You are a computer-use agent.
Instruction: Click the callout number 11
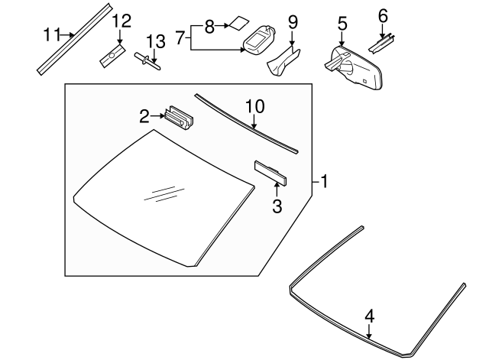click(x=51, y=34)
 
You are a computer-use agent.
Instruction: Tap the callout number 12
click(x=121, y=21)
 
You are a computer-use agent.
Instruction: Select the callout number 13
click(x=155, y=39)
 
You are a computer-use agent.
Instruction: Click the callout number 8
click(x=209, y=26)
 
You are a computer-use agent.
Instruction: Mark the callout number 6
click(x=383, y=15)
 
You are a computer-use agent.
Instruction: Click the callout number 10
click(x=253, y=105)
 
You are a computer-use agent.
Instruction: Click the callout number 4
click(x=369, y=314)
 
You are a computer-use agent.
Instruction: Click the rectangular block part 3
click(x=271, y=173)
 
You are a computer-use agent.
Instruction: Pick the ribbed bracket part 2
click(x=181, y=117)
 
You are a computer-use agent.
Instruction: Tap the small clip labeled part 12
click(x=113, y=54)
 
